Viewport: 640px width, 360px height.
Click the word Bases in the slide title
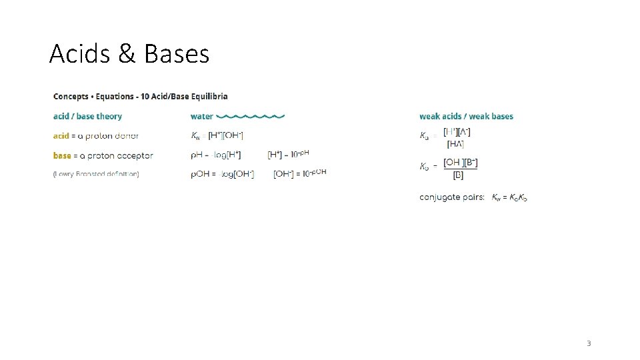(177, 53)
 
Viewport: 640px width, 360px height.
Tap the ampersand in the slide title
(127, 53)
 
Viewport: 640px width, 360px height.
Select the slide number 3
(589, 343)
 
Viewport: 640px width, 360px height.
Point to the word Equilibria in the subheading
(207, 97)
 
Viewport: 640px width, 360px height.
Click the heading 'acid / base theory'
(87, 117)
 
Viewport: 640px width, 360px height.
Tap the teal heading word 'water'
(202, 117)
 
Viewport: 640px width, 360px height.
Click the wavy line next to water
(251, 117)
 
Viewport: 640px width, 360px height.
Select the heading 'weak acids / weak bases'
(466, 117)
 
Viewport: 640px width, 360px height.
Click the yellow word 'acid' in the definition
(61, 136)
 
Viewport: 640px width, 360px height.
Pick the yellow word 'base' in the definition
(62, 155)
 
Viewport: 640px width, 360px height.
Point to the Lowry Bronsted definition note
(96, 174)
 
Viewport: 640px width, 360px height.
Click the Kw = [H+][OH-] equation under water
(217, 136)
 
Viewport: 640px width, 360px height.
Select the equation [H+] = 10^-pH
(288, 155)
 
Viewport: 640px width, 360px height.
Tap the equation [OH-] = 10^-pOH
(300, 173)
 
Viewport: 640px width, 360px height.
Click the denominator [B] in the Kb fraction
(459, 176)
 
